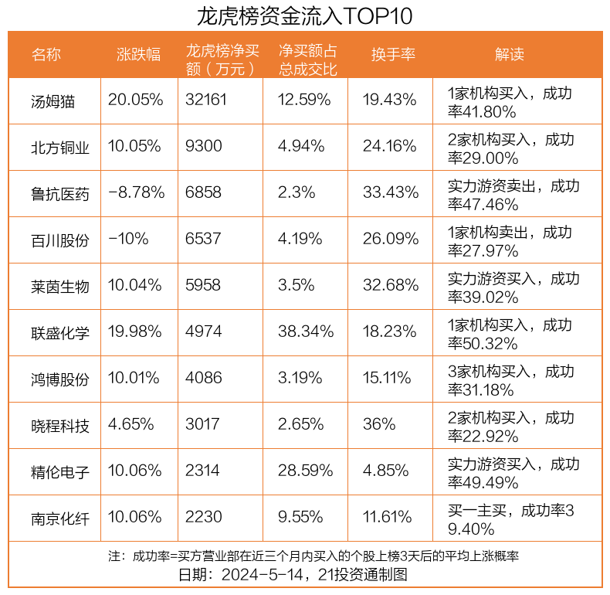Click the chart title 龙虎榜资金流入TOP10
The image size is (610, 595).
coord(305,15)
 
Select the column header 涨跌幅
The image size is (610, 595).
coord(138,54)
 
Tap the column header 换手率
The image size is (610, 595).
coord(393,54)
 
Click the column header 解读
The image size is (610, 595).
coord(510,54)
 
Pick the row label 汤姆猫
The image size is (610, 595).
coord(53,100)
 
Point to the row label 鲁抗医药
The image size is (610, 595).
coord(60,193)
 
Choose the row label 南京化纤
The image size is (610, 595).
coord(60,518)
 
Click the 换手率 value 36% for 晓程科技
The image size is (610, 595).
coord(379,425)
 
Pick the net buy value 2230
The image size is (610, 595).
coord(203,518)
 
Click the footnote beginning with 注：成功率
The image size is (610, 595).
coord(313,556)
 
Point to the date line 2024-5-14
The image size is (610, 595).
coord(293,575)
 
